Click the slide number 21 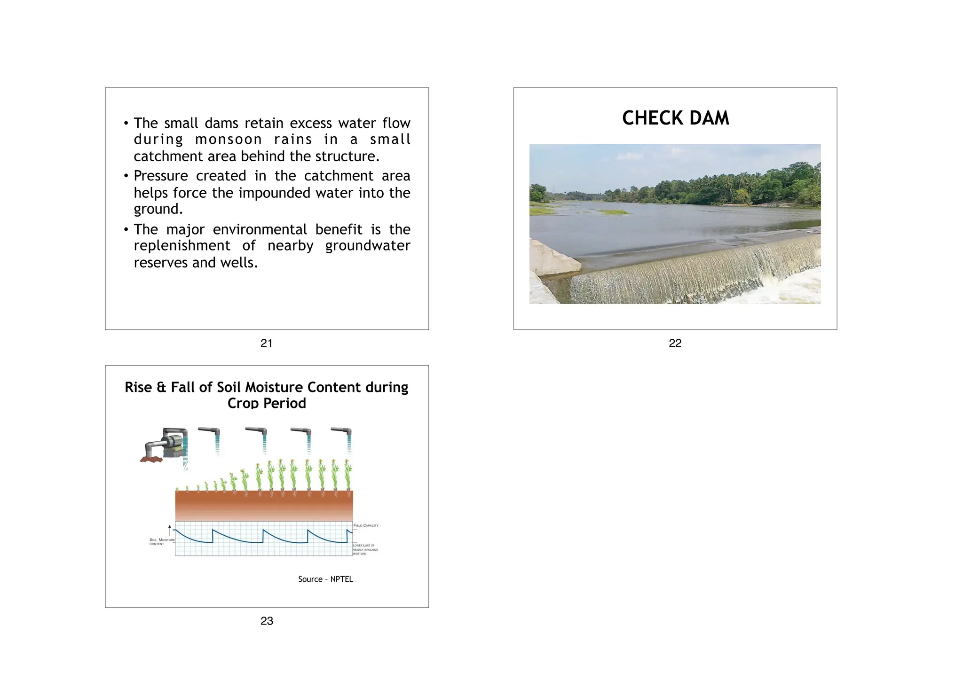[x=266, y=343]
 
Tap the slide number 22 [x=675, y=343]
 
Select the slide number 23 [x=267, y=621]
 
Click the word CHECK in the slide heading [x=653, y=118]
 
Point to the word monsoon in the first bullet [x=229, y=140]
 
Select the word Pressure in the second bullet [x=161, y=176]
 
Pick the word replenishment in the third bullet [x=182, y=246]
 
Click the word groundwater [x=368, y=246]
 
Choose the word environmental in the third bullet [x=260, y=229]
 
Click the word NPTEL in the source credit [x=341, y=579]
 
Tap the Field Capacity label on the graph [x=366, y=525]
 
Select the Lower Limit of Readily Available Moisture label [x=365, y=549]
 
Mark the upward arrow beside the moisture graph [x=169, y=530]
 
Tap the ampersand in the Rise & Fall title [x=161, y=387]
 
